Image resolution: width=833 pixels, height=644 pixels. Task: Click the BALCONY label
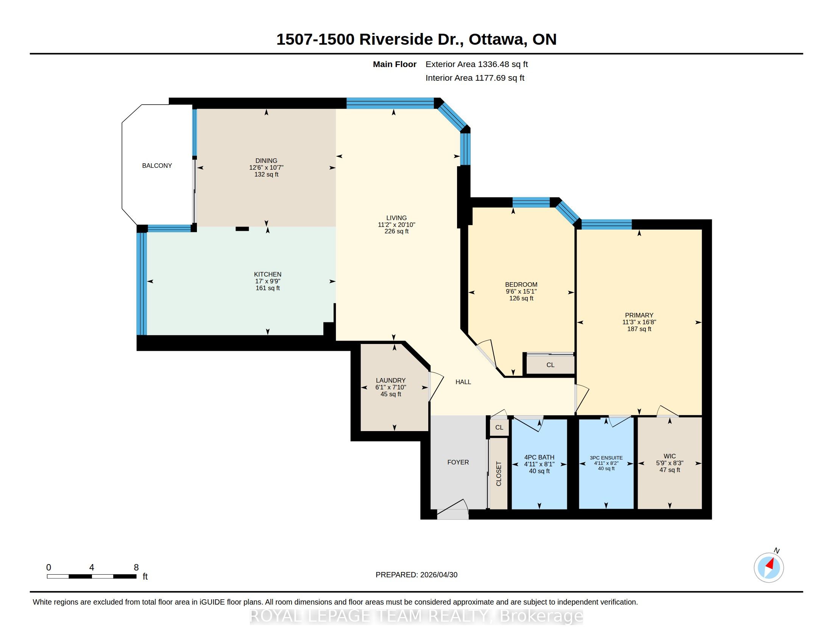pos(157,166)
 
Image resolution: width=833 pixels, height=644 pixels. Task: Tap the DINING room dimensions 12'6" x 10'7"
pos(266,167)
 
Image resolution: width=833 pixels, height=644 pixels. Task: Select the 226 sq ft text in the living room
pos(396,231)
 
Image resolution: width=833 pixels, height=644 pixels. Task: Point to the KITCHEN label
pos(268,274)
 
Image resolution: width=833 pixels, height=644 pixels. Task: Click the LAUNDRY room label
pos(391,380)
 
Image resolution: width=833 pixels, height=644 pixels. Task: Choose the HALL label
pos(463,382)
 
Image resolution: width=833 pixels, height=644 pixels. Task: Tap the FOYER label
pos(458,463)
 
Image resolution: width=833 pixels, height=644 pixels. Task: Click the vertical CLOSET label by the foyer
pos(499,474)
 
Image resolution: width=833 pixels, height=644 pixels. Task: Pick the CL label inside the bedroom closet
pos(551,365)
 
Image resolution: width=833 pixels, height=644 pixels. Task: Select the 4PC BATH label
pos(539,458)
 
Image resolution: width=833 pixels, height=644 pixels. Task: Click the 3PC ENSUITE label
pos(606,458)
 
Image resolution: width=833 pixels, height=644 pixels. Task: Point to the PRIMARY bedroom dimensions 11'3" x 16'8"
pos(639,322)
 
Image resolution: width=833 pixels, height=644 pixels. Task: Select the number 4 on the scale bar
pos(92,567)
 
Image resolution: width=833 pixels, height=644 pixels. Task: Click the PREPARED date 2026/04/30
pos(438,575)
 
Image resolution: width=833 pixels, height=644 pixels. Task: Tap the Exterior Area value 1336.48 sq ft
pos(503,64)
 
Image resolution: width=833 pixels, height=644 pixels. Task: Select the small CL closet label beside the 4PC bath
pos(499,427)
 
